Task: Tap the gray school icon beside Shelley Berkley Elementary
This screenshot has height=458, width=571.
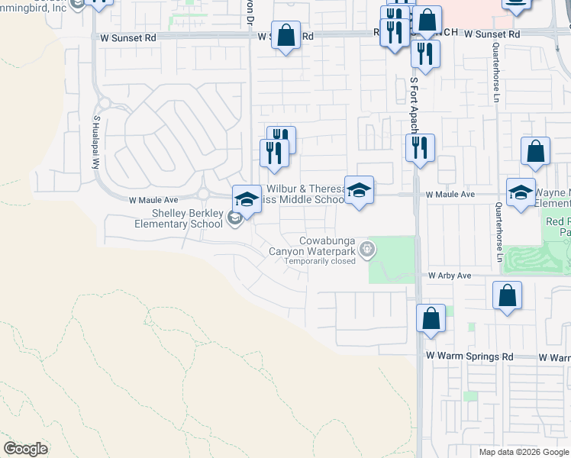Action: pyautogui.click(x=234, y=219)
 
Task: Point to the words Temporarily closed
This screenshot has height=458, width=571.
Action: pyautogui.click(x=320, y=261)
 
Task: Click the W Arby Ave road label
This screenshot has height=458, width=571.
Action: pyautogui.click(x=450, y=276)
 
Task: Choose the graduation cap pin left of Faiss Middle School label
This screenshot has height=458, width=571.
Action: pyautogui.click(x=246, y=200)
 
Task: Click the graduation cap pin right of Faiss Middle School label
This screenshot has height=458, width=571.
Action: pyautogui.click(x=359, y=190)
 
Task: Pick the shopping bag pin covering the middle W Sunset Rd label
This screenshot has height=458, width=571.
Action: pyautogui.click(x=285, y=35)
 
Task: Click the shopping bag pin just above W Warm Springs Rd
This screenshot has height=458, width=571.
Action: pyautogui.click(x=431, y=318)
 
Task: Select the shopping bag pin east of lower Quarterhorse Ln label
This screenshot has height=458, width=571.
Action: pyautogui.click(x=508, y=296)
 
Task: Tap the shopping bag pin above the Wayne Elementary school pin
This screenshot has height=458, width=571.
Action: pyautogui.click(x=536, y=152)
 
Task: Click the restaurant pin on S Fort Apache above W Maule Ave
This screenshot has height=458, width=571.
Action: pyautogui.click(x=420, y=148)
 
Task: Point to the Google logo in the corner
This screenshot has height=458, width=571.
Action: pyautogui.click(x=25, y=449)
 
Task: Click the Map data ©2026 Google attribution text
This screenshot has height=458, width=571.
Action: pyautogui.click(x=523, y=452)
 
